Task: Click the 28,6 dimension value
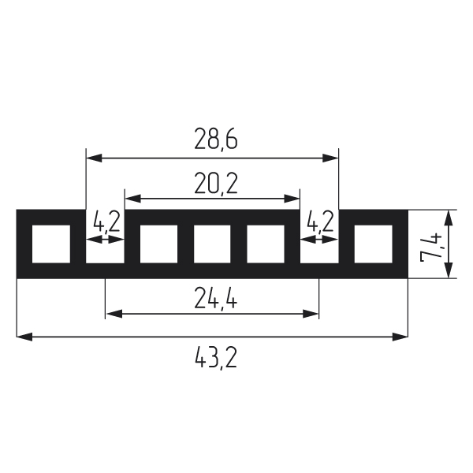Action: pos(216,139)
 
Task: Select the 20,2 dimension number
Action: pos(216,184)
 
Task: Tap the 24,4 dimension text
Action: pos(216,298)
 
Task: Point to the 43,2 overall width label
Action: pos(216,358)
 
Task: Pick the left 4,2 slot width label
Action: pos(106,222)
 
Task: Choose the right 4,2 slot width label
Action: pos(320,222)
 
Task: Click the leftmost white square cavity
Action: pos(51,244)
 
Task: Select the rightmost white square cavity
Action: pos(373,244)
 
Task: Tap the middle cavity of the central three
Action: pos(212,244)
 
